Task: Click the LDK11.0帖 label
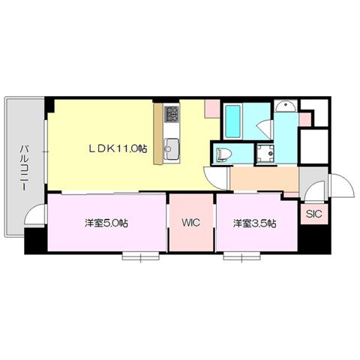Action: coord(118,149)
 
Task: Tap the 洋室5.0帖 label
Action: coord(106,223)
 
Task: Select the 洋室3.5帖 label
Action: coord(255,223)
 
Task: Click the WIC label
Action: coord(191,223)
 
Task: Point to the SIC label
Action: coord(314,214)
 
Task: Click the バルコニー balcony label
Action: coord(24,168)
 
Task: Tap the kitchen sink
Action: coord(171,148)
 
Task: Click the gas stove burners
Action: coord(172,114)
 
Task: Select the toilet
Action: coord(223,154)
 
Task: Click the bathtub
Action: coord(232,121)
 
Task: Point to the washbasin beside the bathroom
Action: coord(286,106)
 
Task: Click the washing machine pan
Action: coord(265,154)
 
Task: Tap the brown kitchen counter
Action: coord(158,134)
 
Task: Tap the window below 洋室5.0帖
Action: coord(141,256)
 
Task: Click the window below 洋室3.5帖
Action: coord(241,256)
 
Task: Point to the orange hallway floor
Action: coord(264,179)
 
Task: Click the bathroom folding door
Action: coord(265,130)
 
